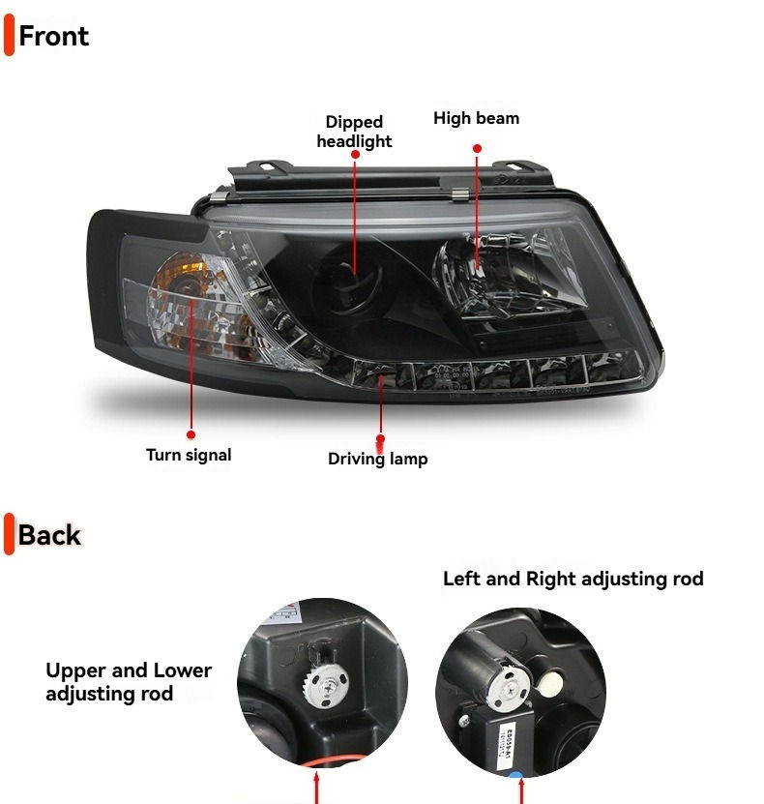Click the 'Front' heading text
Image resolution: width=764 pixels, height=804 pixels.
tap(53, 37)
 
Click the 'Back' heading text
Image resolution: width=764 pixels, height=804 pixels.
tap(49, 535)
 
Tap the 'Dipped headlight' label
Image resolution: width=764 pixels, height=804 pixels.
tap(354, 132)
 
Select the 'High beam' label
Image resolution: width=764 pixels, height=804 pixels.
tap(476, 118)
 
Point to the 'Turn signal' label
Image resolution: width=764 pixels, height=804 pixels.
tap(189, 454)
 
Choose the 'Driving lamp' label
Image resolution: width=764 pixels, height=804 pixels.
tap(377, 459)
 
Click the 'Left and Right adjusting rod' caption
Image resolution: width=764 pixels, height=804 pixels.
tap(573, 579)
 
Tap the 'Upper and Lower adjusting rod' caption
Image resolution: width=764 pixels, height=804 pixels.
tap(129, 681)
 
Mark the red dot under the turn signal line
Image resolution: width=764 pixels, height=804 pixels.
tap(191, 435)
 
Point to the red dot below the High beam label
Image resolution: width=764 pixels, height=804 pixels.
tap(477, 148)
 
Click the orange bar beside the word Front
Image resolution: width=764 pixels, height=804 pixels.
tap(10, 37)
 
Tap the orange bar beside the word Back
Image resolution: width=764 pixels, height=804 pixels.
tap(10, 535)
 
